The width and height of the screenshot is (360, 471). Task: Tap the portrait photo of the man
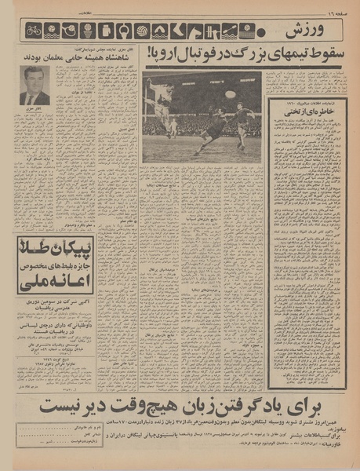coord(35,86)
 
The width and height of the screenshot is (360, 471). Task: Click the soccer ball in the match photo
coord(230,94)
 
